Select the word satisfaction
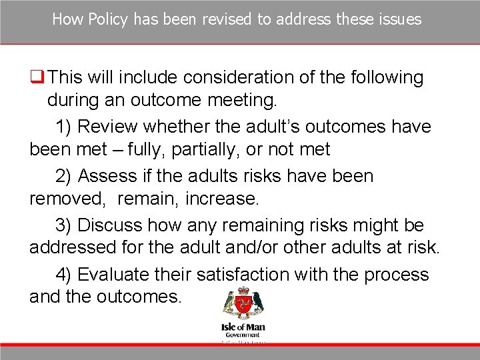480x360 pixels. point(229,275)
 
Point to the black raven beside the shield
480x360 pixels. point(257,303)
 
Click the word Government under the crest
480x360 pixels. point(243,335)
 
